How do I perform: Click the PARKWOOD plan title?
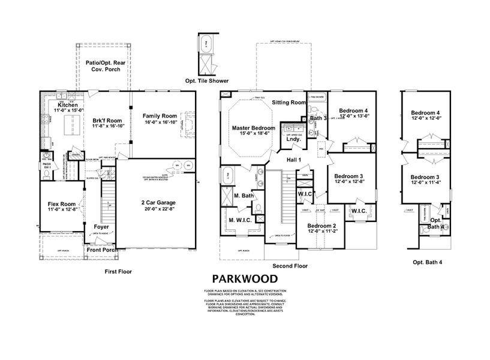point(245,278)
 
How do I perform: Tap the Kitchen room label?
point(68,105)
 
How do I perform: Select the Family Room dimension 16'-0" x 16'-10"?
point(160,122)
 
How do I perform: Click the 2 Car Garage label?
point(159,203)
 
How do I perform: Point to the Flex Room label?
point(61,205)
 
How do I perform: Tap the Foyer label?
point(101,227)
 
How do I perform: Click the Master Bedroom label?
point(254,128)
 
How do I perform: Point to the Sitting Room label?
point(288,103)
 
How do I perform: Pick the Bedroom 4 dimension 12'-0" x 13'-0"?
point(353,117)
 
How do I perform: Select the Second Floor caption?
point(290,265)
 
